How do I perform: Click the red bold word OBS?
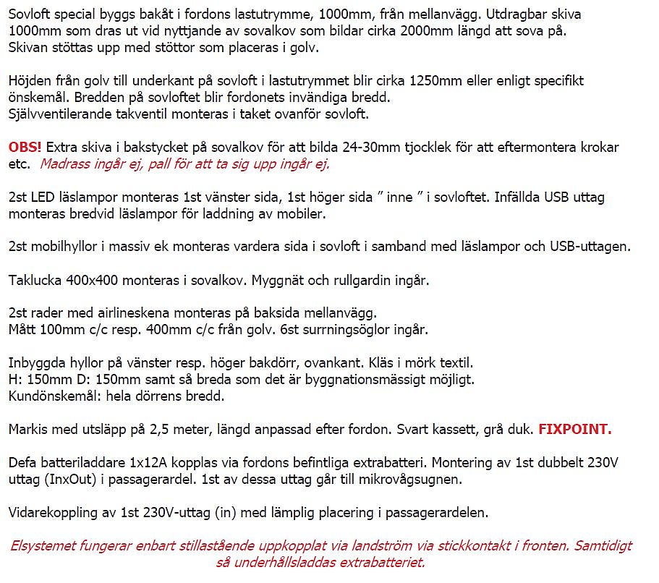[25, 147]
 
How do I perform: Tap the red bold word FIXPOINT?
[575, 429]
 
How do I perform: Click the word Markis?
[28, 429]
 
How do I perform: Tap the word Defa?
[23, 462]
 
